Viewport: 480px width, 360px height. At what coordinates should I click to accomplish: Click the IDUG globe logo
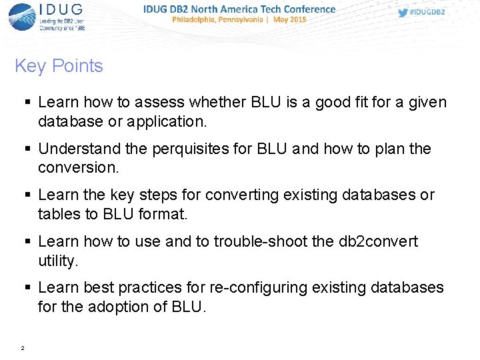click(21, 17)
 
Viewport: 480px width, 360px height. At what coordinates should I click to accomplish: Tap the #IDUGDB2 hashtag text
click(428, 12)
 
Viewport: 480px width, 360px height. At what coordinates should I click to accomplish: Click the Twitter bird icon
click(403, 12)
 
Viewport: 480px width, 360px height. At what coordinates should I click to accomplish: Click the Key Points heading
click(59, 66)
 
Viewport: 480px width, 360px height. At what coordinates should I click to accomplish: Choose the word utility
click(58, 260)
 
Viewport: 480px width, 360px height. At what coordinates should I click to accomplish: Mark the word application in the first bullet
click(169, 121)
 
